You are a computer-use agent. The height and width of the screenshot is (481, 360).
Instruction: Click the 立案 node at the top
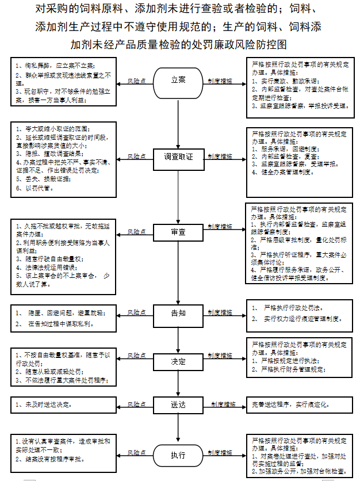pos(179,80)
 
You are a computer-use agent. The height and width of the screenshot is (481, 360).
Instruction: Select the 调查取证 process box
pos(179,156)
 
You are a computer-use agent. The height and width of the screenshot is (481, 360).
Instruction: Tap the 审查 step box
pos(179,232)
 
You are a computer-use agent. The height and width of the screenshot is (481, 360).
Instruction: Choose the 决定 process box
pos(179,362)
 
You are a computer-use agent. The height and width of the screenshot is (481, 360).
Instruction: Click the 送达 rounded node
pos(179,405)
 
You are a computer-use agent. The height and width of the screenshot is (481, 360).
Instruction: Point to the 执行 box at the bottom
pos(179,455)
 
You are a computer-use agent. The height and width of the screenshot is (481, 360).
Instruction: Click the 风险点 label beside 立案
pos(136,82)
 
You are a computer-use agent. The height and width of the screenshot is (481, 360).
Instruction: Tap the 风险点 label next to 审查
pos(136,232)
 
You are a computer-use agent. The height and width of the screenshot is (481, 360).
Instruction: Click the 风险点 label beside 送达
pos(136,405)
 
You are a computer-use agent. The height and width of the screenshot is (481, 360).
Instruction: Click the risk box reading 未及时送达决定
pos(63,405)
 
